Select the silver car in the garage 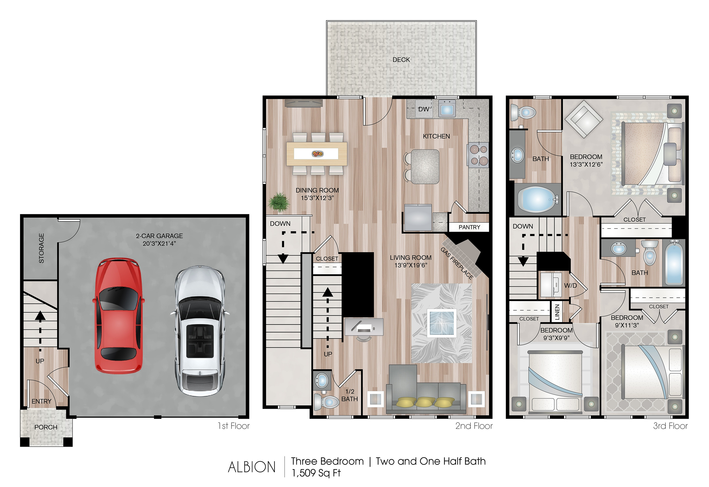200,331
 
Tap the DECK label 401,60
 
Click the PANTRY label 469,227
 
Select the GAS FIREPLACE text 457,263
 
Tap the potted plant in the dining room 279,202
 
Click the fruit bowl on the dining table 317,154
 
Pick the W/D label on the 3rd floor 570,286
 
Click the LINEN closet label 557,312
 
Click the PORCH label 46,427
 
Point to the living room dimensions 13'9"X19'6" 411,265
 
